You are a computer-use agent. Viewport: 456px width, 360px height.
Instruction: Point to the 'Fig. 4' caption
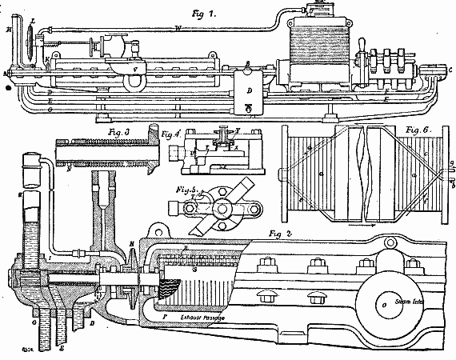coord(170,133)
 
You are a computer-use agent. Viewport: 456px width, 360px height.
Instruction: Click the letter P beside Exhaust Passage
coord(163,318)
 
